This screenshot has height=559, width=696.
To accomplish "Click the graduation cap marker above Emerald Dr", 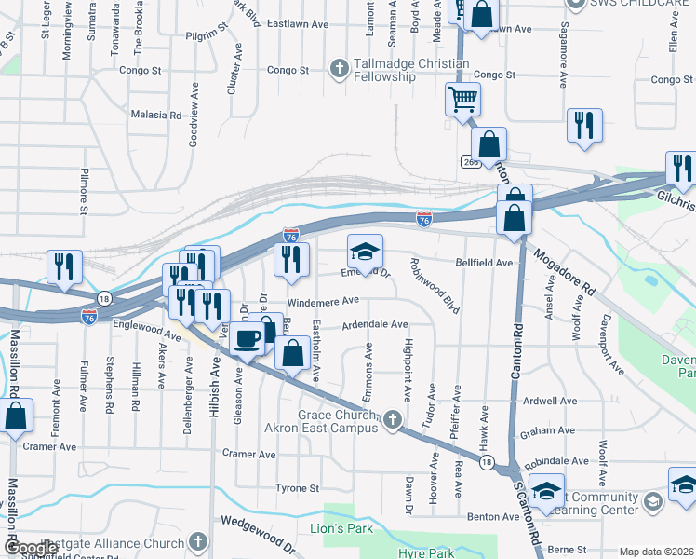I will pyautogui.click(x=366, y=251).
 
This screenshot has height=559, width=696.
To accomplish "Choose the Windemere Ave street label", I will pyautogui.click(x=323, y=301).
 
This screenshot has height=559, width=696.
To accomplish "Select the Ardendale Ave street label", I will pyautogui.click(x=375, y=324).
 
